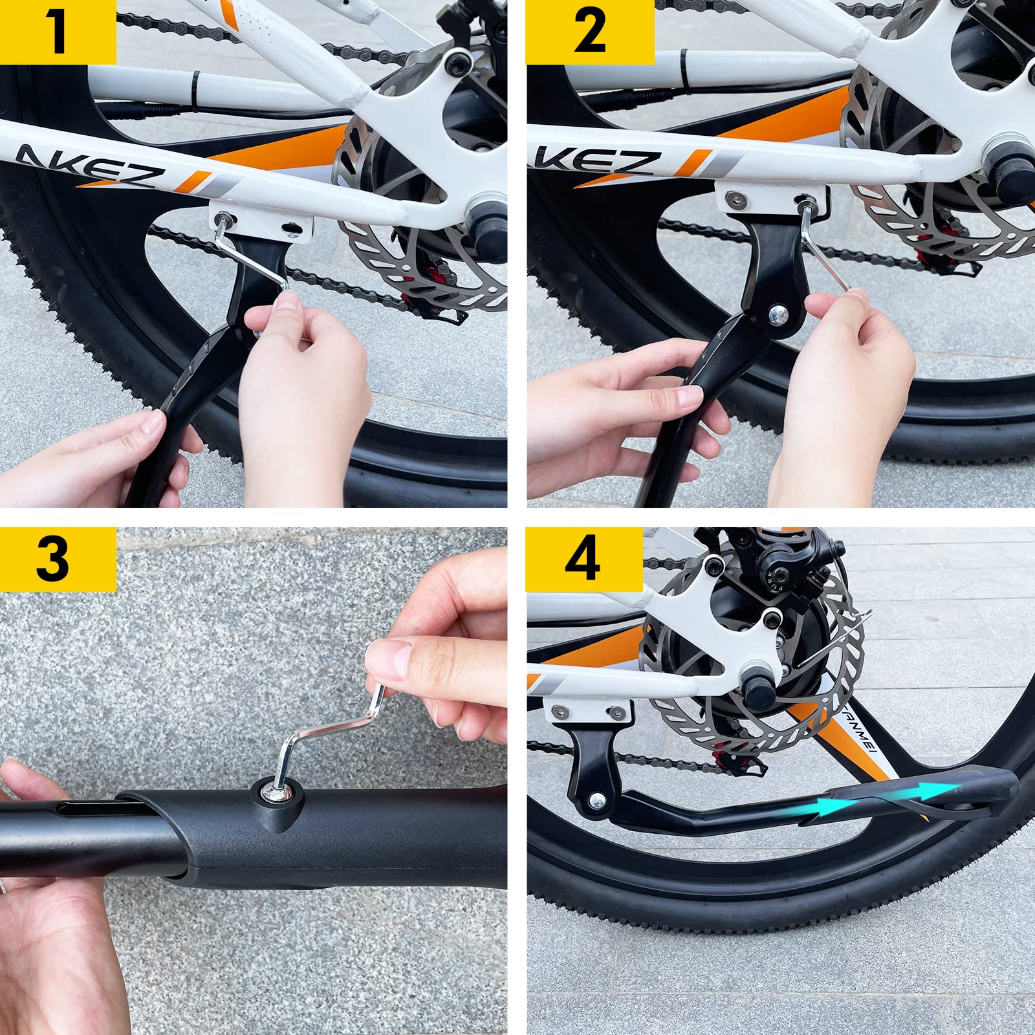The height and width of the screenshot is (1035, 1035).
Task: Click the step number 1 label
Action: [58, 32]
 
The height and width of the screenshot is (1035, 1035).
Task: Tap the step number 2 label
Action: [589, 32]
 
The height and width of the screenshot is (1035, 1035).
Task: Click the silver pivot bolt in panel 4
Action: [598, 800]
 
